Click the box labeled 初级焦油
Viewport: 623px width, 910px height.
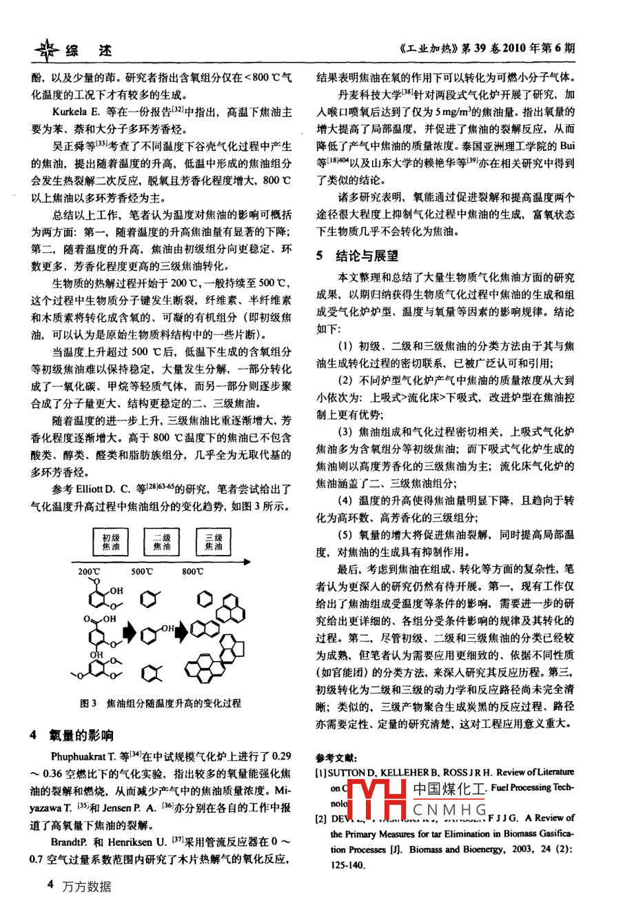111,541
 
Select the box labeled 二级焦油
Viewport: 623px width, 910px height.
161,541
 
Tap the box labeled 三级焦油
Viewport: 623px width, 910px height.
214,541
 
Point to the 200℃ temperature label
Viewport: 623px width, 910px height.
89,572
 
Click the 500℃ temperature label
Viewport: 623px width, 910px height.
142,572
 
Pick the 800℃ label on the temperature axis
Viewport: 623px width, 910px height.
193,572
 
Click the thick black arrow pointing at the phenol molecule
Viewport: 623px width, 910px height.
130,631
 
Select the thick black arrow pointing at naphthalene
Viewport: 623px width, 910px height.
181,631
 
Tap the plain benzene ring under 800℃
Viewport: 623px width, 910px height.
205,599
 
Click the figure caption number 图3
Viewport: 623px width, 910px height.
88,703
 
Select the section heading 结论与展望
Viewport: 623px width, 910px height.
367,256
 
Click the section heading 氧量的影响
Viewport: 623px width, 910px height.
81,734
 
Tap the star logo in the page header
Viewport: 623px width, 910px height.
47,50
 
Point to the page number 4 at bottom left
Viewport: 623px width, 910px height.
50,884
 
